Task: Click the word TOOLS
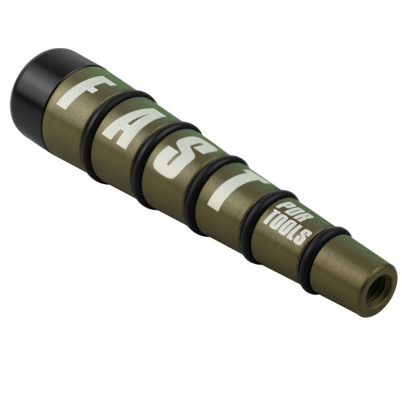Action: click(x=289, y=226)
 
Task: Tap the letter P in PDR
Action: click(x=287, y=202)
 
